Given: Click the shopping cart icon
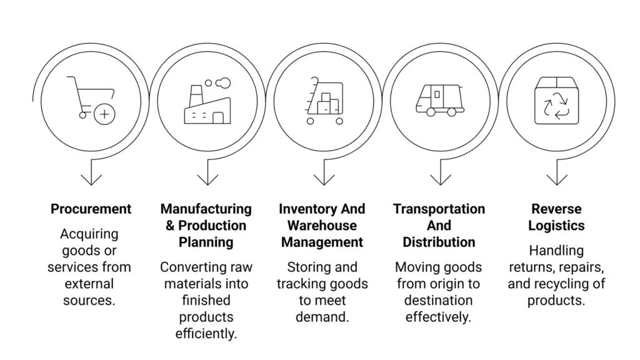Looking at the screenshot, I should pyautogui.click(x=90, y=99).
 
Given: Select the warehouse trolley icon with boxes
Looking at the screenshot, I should pyautogui.click(x=323, y=101).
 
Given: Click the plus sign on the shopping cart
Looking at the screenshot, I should pyautogui.click(x=104, y=114).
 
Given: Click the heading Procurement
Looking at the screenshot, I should pyautogui.click(x=91, y=209).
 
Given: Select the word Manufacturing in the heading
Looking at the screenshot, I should pyautogui.click(x=206, y=209).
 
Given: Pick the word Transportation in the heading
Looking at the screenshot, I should pyautogui.click(x=439, y=209).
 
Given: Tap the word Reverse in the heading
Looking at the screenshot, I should pyautogui.click(x=556, y=209).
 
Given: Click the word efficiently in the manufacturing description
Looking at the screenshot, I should pyautogui.click(x=207, y=333).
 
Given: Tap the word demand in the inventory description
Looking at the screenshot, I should pyautogui.click(x=321, y=317).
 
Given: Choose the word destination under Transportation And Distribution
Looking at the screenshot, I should pyautogui.click(x=438, y=300).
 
